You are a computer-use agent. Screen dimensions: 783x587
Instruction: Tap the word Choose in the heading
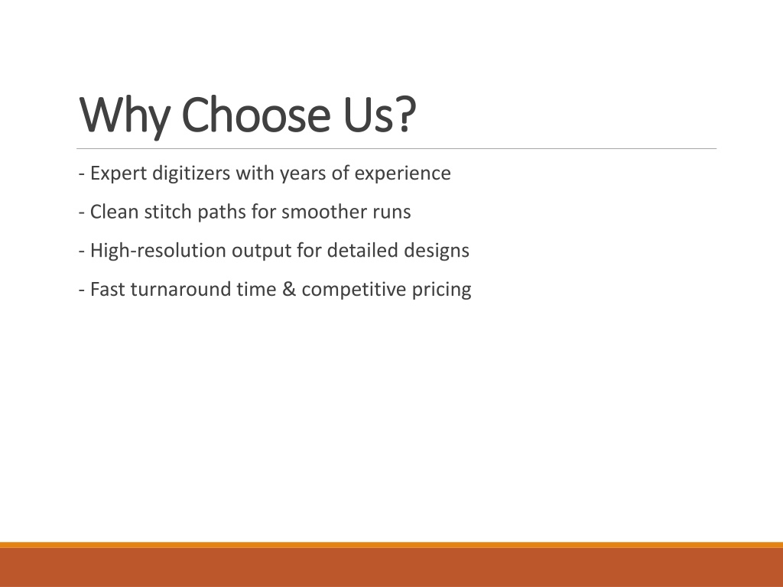pyautogui.click(x=255, y=114)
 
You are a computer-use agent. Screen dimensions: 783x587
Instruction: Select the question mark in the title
pyautogui.click(x=407, y=114)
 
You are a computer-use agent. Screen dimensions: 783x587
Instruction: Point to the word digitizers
pyautogui.click(x=191, y=174)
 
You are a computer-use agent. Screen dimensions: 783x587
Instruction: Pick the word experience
pyautogui.click(x=402, y=174)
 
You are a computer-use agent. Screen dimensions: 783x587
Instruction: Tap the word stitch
pyautogui.click(x=167, y=212)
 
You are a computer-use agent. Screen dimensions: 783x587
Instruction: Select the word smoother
pyautogui.click(x=324, y=212)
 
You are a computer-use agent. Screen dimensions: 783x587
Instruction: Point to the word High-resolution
pyautogui.click(x=158, y=251)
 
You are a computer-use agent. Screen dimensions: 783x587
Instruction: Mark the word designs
pyautogui.click(x=437, y=251)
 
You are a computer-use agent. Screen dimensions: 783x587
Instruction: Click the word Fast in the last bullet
pyautogui.click(x=107, y=290)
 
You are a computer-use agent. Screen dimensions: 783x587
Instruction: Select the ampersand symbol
pyautogui.click(x=289, y=290)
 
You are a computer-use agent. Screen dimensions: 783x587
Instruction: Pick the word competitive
pyautogui.click(x=354, y=290)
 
